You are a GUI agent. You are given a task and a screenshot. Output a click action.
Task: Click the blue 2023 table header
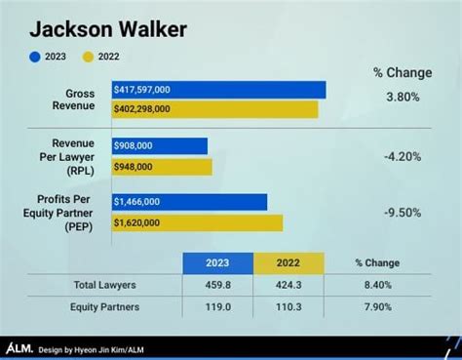pyautogui.click(x=218, y=262)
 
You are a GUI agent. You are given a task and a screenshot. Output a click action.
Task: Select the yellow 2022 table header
pyautogui.click(x=289, y=262)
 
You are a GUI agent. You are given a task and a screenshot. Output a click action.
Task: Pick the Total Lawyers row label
pyautogui.click(x=104, y=285)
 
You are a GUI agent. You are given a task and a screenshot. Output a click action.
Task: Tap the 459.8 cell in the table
pyautogui.click(x=218, y=285)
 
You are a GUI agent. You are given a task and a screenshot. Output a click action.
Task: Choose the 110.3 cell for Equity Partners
pyautogui.click(x=289, y=306)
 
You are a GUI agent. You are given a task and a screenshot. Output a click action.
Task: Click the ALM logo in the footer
pyautogui.click(x=19, y=347)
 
